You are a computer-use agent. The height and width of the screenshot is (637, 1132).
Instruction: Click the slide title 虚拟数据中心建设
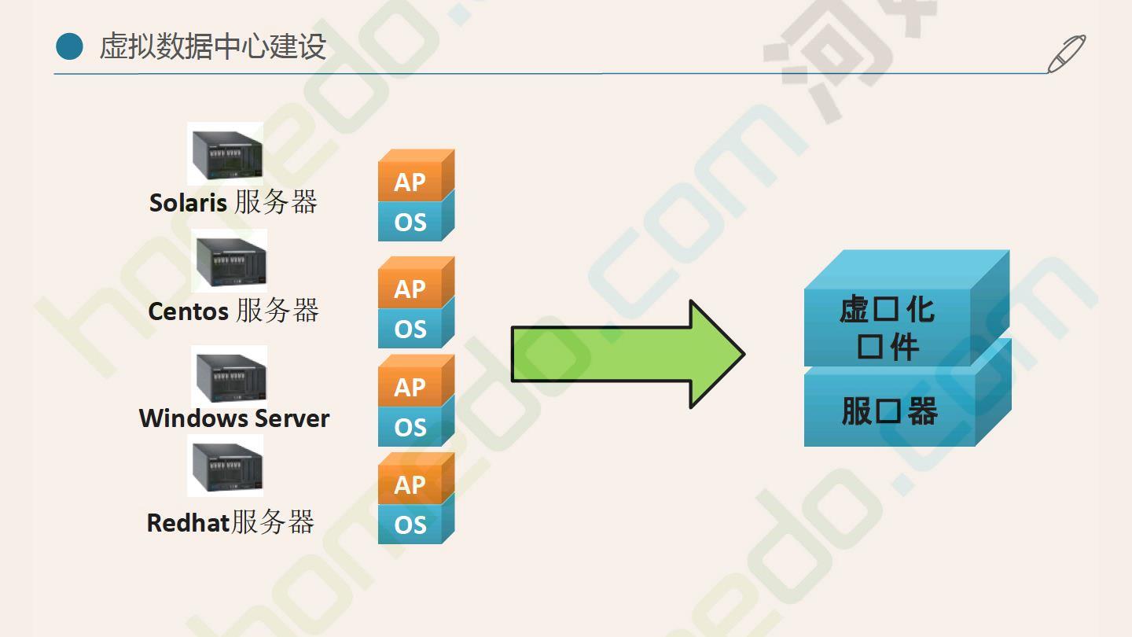(x=212, y=47)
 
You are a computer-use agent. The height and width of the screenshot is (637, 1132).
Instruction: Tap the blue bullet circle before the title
(x=69, y=46)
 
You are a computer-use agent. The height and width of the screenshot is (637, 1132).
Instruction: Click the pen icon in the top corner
(x=1066, y=53)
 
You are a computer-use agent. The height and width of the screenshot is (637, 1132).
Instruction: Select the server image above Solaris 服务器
(x=226, y=154)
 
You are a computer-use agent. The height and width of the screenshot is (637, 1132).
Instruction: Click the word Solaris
(x=188, y=203)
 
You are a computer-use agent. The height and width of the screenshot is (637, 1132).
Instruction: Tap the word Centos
(x=188, y=311)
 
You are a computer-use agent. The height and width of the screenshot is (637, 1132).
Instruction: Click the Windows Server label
(x=234, y=418)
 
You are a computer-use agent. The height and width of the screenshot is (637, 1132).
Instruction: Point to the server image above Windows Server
(x=230, y=375)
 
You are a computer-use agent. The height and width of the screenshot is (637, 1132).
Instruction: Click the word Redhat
(x=188, y=523)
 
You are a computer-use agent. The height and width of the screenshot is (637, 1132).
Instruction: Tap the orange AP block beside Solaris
(x=410, y=182)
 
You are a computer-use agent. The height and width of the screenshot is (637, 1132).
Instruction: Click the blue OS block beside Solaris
(x=410, y=222)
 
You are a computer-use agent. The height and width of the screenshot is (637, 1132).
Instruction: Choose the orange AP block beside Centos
(x=410, y=289)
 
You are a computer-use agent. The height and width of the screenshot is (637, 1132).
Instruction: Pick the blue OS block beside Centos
(x=410, y=329)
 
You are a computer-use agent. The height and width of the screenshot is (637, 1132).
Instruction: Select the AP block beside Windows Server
(x=410, y=387)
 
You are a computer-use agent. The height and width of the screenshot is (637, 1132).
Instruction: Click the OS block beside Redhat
(x=410, y=525)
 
